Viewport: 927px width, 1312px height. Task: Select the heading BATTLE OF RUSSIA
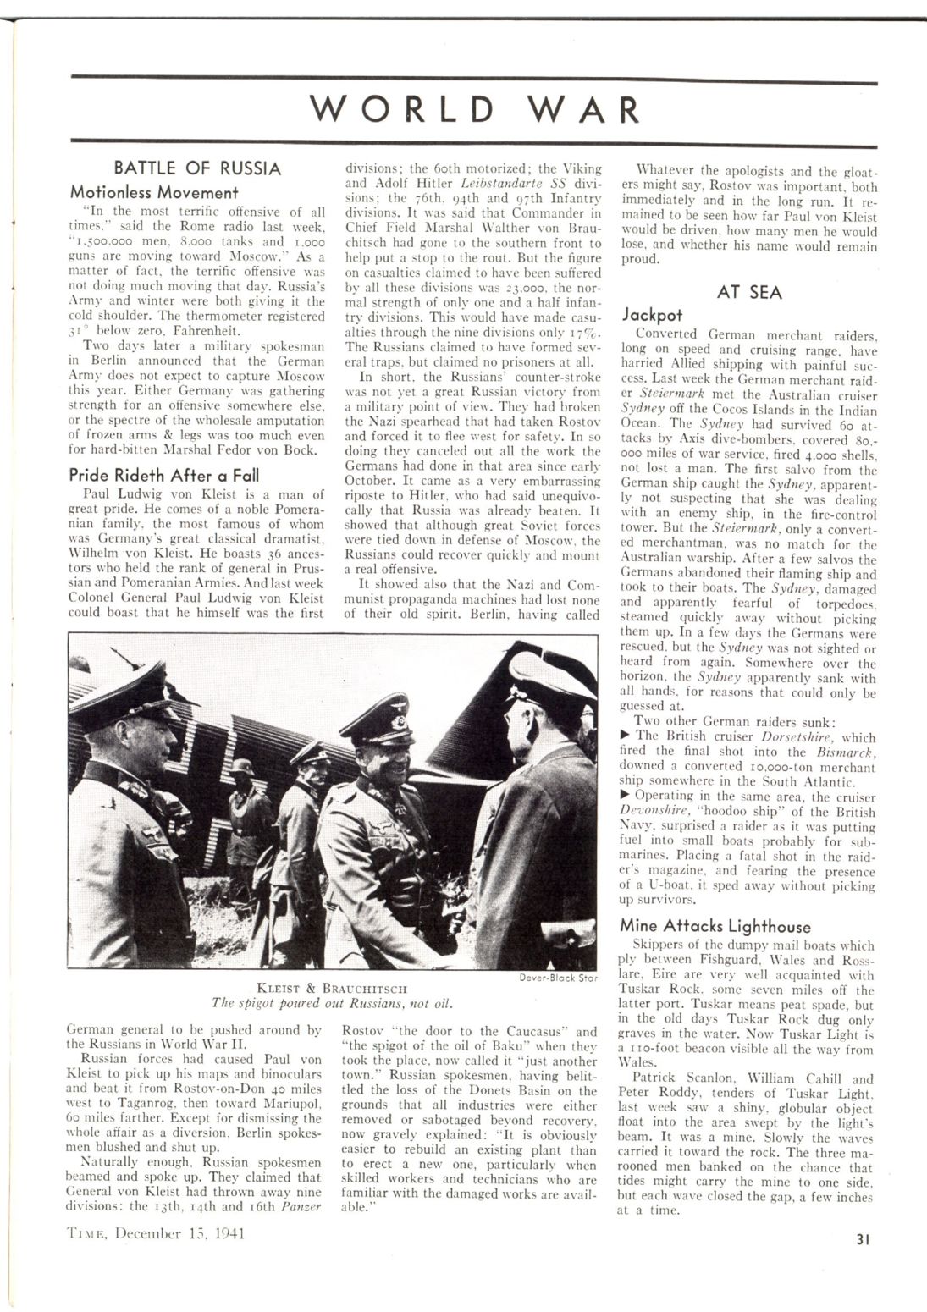(197, 168)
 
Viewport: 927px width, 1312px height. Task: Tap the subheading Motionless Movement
(154, 192)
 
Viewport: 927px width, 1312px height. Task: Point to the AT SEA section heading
(749, 293)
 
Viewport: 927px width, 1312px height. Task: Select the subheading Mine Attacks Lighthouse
(715, 926)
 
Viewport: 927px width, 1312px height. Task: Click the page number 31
(863, 1240)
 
